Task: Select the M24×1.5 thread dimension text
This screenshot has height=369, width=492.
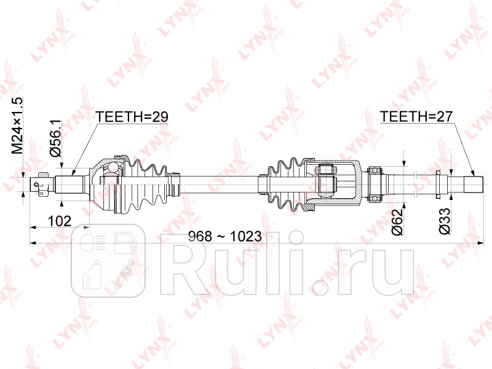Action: [x=17, y=125]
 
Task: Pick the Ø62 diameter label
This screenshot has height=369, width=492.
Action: [x=397, y=222]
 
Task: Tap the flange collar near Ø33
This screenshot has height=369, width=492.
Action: [x=438, y=183]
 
